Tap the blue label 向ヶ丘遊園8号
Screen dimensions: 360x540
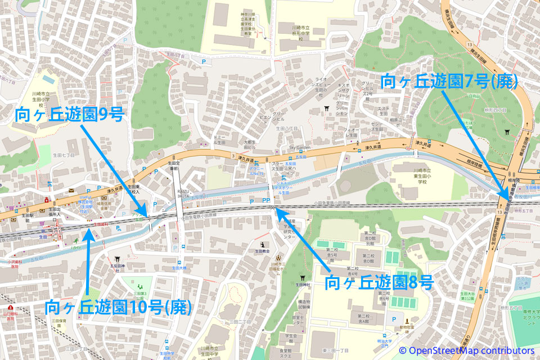[x=380, y=281]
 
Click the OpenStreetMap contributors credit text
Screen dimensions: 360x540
[x=466, y=350]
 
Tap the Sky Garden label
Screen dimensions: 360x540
[x=300, y=148]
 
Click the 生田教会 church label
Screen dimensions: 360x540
[x=262, y=251]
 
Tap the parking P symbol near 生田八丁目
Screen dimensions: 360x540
[x=203, y=61]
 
